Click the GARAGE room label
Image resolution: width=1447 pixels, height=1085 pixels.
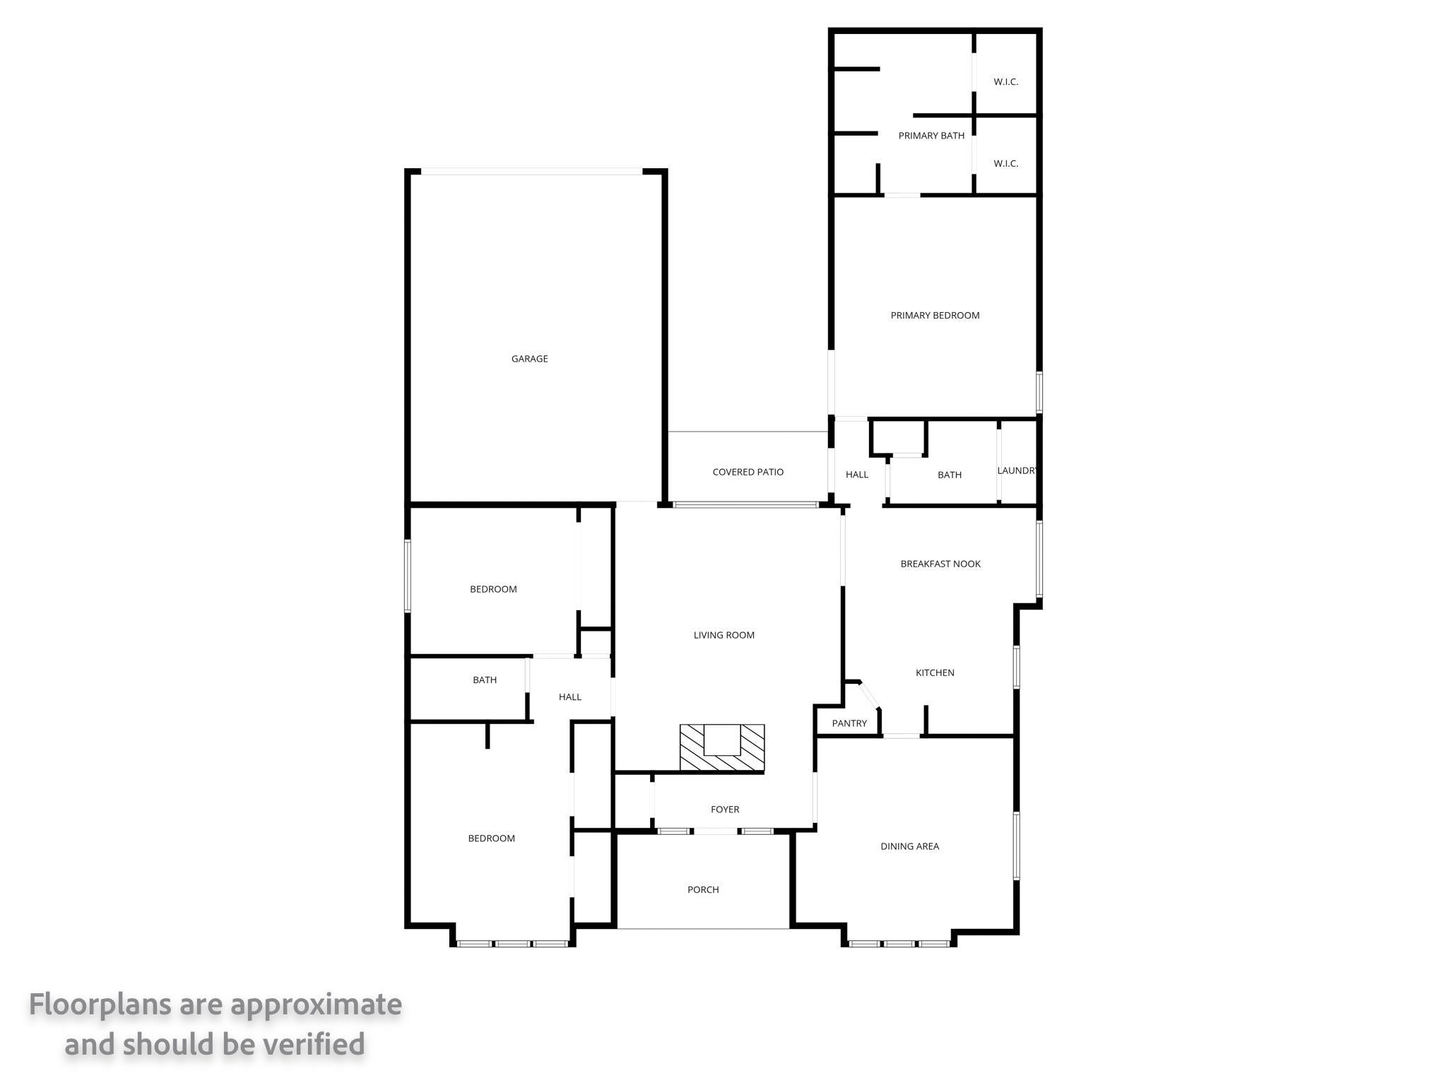[529, 359]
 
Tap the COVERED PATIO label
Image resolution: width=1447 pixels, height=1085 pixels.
[748, 472]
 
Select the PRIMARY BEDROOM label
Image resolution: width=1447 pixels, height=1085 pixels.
[935, 316]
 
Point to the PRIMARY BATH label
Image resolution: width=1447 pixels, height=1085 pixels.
[931, 136]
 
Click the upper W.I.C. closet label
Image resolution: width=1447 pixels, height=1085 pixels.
[1005, 82]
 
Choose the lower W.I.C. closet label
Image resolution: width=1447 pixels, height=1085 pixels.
[1005, 164]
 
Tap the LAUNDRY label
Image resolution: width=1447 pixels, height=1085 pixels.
[1017, 471]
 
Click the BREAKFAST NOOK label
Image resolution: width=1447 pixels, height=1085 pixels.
[940, 564]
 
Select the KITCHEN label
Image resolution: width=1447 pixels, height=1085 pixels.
[935, 672]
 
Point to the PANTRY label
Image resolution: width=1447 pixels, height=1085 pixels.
[849, 723]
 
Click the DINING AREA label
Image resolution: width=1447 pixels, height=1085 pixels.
[909, 846]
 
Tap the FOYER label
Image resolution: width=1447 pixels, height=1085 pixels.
[725, 810]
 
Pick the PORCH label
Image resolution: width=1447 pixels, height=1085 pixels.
[703, 890]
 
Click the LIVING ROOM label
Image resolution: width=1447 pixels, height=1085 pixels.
[724, 635]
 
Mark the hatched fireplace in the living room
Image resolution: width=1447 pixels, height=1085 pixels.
[722, 748]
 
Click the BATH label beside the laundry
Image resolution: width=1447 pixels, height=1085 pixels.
[950, 475]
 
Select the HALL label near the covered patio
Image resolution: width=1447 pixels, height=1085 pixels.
[857, 475]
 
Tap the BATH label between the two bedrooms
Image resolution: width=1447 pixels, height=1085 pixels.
[485, 680]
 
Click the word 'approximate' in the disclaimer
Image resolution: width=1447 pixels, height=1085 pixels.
[316, 1004]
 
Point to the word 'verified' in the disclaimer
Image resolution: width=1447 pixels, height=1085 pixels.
[314, 1044]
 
